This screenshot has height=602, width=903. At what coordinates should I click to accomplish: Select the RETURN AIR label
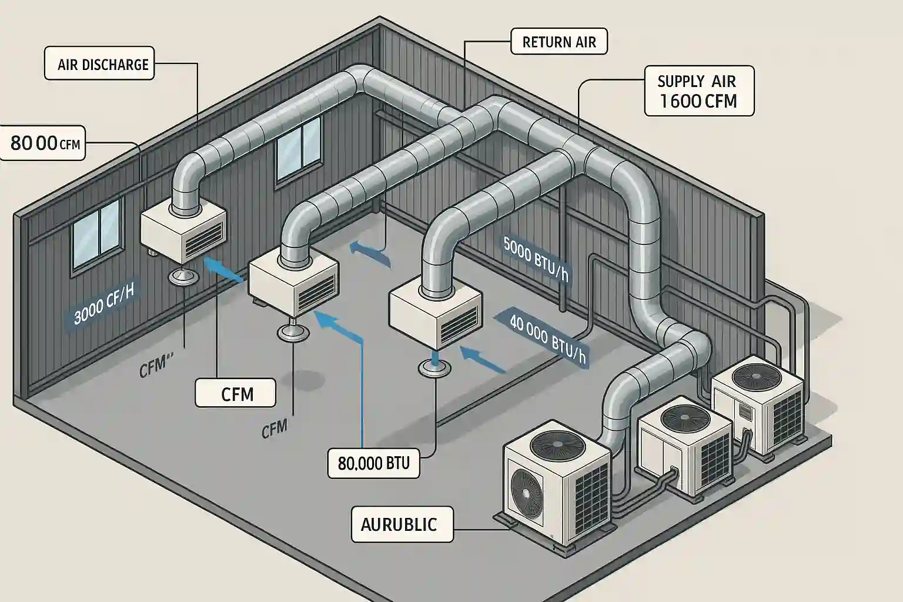tap(558, 42)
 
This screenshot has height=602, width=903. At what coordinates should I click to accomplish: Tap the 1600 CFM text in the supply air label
tap(698, 101)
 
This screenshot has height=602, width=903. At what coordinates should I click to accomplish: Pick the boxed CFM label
tap(235, 393)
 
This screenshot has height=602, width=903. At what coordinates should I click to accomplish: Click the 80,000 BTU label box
tap(374, 463)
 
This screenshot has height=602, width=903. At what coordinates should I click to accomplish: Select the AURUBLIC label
tap(402, 524)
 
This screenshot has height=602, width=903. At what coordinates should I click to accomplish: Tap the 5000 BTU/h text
tap(536, 259)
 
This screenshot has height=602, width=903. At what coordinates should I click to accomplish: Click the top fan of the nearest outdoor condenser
tap(551, 442)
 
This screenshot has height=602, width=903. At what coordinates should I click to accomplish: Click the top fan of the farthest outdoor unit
tap(757, 375)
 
